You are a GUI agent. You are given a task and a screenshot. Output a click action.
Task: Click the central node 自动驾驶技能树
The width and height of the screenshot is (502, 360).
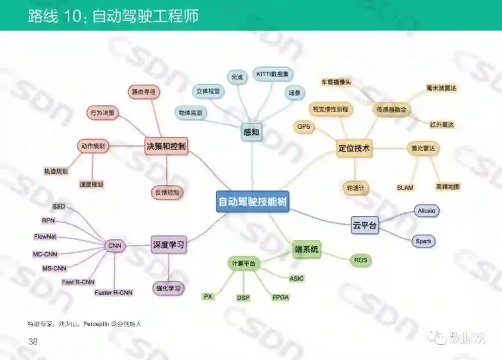coord(252,202)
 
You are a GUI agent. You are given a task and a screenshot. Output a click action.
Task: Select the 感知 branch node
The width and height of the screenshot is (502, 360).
coord(251,132)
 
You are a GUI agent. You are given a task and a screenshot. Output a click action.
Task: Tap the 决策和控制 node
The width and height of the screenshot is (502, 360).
coord(166,147)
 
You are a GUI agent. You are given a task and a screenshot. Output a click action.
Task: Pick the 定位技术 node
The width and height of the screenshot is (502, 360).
coord(354,149)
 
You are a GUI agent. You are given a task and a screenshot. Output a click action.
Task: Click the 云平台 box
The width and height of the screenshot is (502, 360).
coord(365,226)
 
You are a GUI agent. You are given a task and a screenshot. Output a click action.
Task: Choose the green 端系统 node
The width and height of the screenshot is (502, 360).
coord(307,250)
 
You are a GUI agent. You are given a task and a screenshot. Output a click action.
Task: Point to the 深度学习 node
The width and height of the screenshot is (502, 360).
coord(169,245)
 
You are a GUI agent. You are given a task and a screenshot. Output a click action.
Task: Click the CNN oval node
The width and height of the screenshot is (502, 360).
coord(115,246)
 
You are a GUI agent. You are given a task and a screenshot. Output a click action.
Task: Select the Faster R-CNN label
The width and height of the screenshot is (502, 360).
coord(113,293)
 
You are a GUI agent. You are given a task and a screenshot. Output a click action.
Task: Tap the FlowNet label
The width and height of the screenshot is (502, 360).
coord(45,236)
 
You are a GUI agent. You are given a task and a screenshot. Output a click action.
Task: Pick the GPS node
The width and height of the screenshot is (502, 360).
coord(304,127)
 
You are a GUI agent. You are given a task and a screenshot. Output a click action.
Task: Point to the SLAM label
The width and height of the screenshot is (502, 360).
coord(405,188)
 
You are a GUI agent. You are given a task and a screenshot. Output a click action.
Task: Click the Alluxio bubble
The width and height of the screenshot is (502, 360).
coord(426,211)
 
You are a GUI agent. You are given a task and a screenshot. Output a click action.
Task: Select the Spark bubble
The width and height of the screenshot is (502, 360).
coord(423,241)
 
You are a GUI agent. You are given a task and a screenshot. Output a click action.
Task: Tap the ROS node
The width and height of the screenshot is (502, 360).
coord(361,261)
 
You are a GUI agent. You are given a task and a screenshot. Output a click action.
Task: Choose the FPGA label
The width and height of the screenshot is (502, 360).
coord(280,297)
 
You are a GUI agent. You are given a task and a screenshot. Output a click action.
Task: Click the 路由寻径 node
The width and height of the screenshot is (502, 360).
coord(144,92)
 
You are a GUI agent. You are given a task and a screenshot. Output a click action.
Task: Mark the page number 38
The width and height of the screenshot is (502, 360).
coord(33,342)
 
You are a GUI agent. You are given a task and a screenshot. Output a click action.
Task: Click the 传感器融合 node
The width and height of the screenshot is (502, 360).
coord(391,110)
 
